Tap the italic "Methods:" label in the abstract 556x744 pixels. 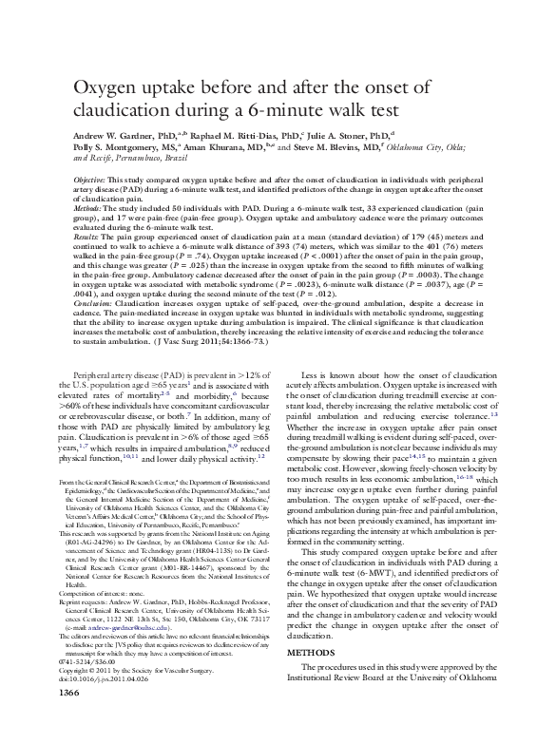[x=89, y=206]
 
